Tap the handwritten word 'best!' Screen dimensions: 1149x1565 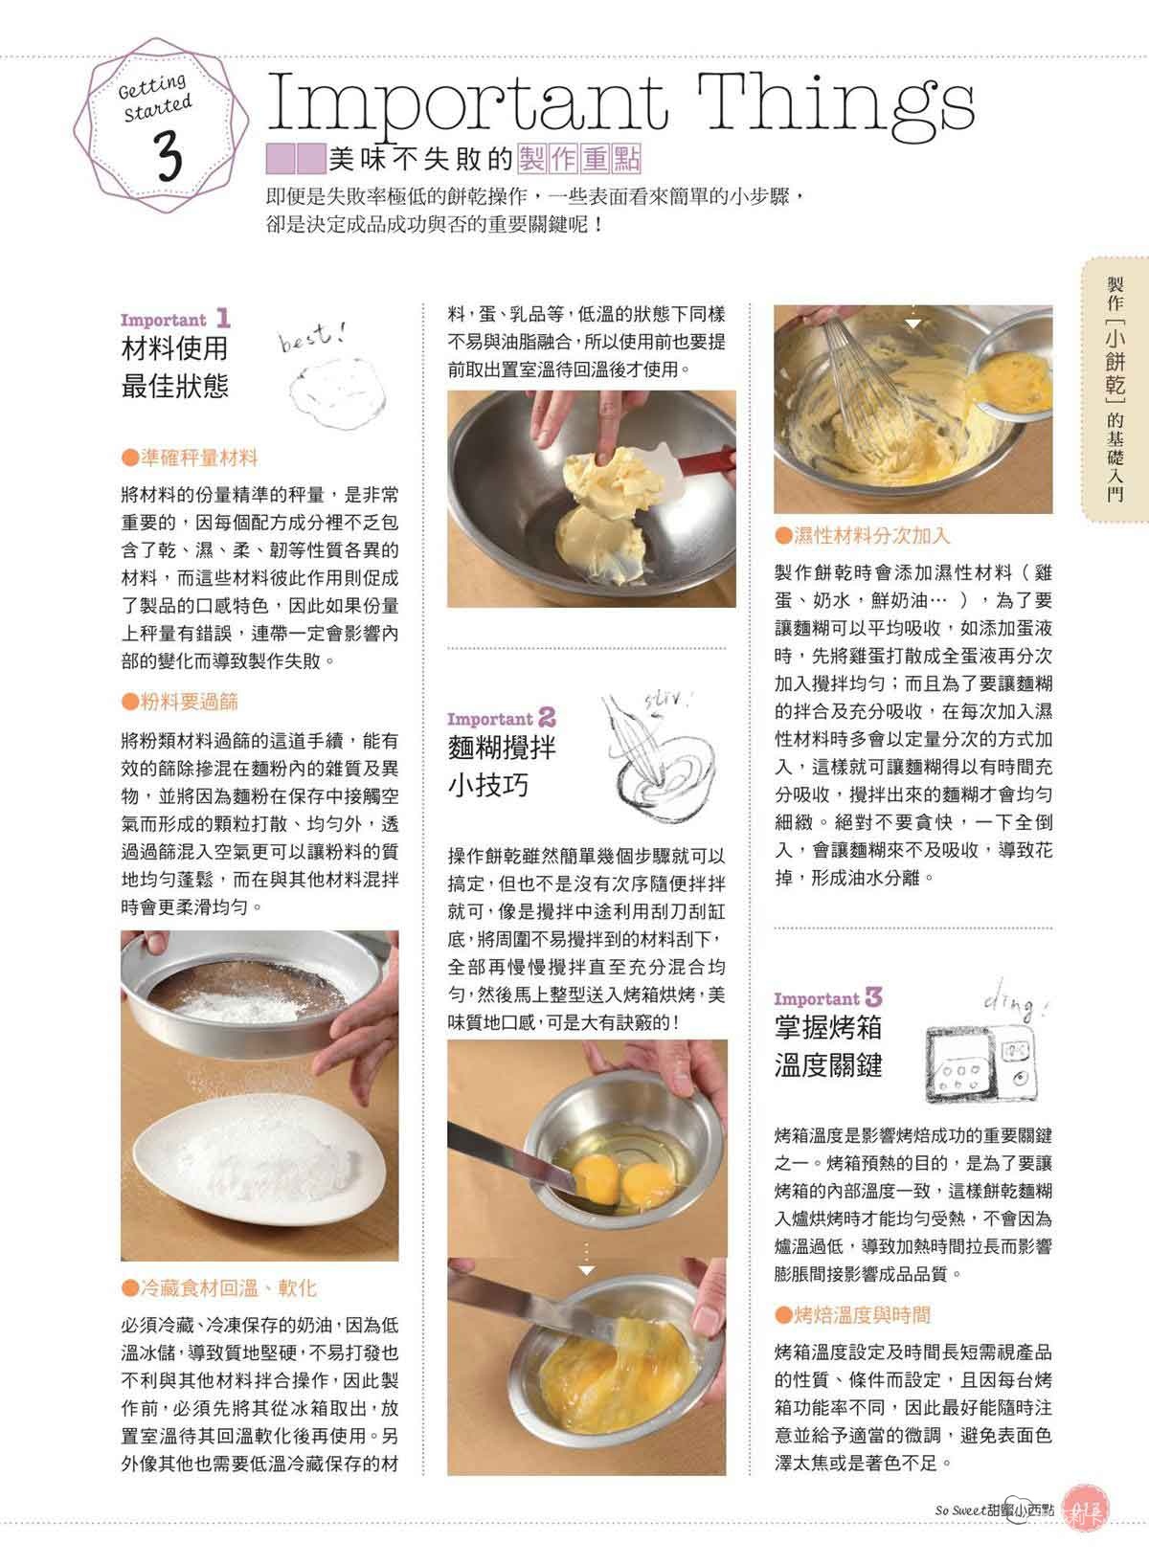(x=312, y=337)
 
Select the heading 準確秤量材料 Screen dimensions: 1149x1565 (x=190, y=458)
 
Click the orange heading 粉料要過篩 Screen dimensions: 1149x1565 (x=180, y=702)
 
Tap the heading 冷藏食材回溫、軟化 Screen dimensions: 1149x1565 (x=218, y=1287)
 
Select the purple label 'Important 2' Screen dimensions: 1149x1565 (x=501, y=718)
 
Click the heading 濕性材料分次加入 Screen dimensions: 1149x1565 (x=862, y=535)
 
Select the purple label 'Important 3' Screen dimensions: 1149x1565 (x=828, y=997)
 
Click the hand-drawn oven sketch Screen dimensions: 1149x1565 (x=982, y=1062)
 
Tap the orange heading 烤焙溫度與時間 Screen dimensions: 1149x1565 (x=853, y=1315)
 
